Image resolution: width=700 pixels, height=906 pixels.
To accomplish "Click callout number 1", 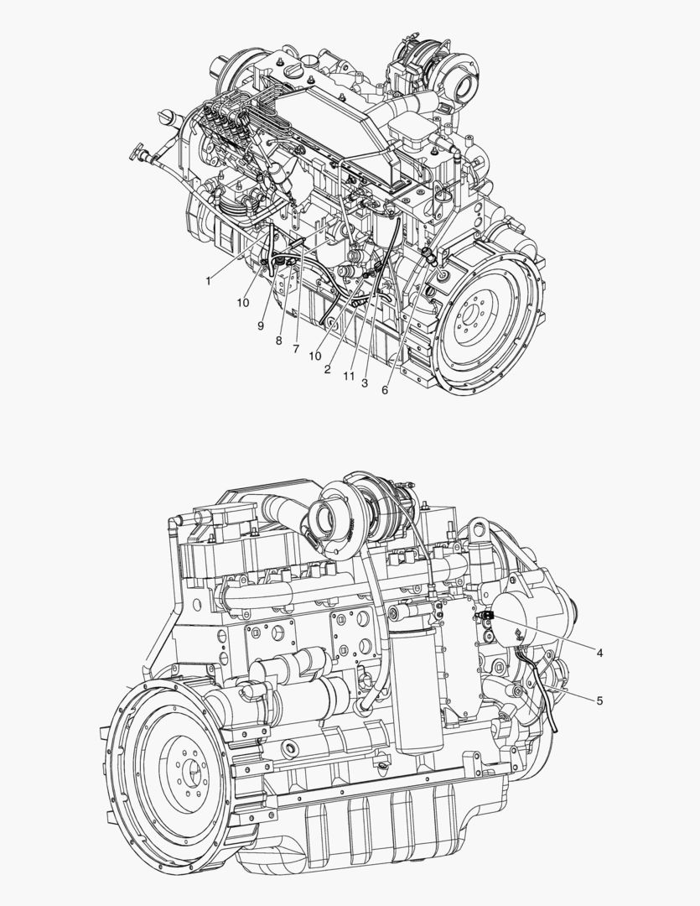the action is pyautogui.click(x=209, y=281).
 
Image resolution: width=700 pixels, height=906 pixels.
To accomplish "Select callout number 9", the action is pyautogui.click(x=261, y=325).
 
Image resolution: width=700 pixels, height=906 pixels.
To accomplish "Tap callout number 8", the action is pyautogui.click(x=278, y=341).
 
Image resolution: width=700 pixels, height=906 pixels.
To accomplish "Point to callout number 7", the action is pyautogui.click(x=296, y=349).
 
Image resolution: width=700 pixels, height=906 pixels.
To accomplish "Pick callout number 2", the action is pyautogui.click(x=328, y=370).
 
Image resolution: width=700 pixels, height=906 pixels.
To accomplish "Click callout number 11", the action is pyautogui.click(x=348, y=376).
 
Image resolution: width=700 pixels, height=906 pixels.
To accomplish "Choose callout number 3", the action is pyautogui.click(x=365, y=383).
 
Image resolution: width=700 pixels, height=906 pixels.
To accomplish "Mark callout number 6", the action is pyautogui.click(x=385, y=390).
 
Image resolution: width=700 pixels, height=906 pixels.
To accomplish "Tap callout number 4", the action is pyautogui.click(x=599, y=653).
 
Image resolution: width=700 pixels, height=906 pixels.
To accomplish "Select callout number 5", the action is pyautogui.click(x=599, y=700).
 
